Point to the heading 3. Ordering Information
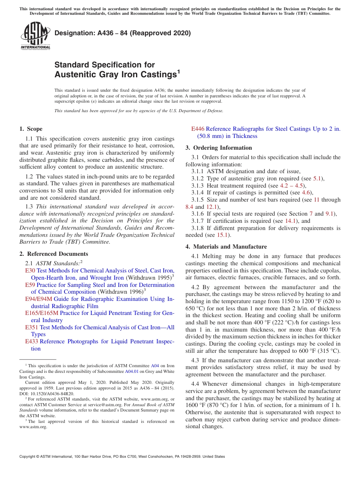tap(219, 148)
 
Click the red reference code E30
tap(30, 271)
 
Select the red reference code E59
tap(30, 285)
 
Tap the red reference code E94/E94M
tap(39, 299)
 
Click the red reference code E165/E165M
tap(42, 313)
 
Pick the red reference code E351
tap(32, 327)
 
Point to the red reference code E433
tap(32, 341)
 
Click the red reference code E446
tap(198, 129)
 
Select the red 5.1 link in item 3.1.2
tap(317, 178)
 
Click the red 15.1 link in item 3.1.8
tap(222, 235)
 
